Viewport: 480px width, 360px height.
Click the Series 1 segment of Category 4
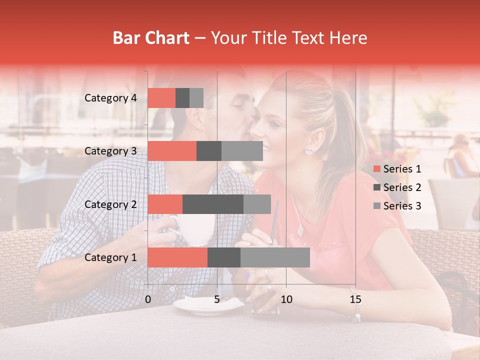(x=161, y=98)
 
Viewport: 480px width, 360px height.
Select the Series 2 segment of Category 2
(x=213, y=204)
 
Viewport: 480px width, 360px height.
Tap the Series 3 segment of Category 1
(x=275, y=257)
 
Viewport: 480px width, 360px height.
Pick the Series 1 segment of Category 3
(x=172, y=151)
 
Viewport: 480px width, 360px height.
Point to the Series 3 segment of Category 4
(x=196, y=98)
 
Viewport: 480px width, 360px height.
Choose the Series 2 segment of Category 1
(x=224, y=257)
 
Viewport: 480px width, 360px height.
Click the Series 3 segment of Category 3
(x=242, y=151)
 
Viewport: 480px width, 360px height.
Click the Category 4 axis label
(x=110, y=98)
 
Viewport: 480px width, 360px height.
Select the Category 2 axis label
(x=110, y=204)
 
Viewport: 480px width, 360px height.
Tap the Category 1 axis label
(x=110, y=257)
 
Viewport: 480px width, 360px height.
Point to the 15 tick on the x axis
(x=355, y=299)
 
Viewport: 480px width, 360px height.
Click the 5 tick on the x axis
(x=217, y=299)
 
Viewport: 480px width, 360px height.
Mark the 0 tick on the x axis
(x=148, y=299)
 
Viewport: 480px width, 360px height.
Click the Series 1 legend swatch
(x=376, y=169)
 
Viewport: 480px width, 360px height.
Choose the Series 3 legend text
(x=402, y=206)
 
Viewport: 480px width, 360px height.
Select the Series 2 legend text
(x=402, y=187)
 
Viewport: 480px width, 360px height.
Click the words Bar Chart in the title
(x=151, y=38)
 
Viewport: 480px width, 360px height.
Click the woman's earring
(x=308, y=151)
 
